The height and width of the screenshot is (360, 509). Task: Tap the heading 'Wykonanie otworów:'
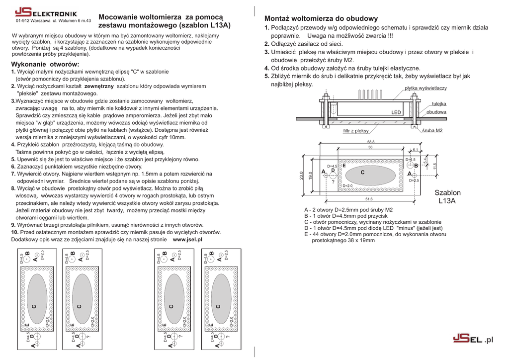[x=45, y=65]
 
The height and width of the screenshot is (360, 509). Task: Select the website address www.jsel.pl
[x=187, y=239]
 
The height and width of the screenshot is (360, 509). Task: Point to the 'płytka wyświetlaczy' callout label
[x=425, y=88]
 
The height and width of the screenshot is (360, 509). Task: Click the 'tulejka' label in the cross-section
[x=439, y=103]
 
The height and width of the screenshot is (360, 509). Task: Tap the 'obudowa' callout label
[x=436, y=112]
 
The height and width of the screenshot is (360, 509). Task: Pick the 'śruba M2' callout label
[x=432, y=131]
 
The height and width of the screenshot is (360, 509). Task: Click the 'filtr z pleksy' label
[x=356, y=131]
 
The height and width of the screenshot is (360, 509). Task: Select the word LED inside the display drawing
[x=396, y=113]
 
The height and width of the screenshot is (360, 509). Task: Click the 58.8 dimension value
[x=370, y=142]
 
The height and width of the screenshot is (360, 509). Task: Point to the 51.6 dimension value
[x=369, y=199]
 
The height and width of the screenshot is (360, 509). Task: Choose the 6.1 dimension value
[x=415, y=149]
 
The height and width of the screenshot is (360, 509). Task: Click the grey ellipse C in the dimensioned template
[x=370, y=174]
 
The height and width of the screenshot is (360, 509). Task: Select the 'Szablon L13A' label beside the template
[x=447, y=197]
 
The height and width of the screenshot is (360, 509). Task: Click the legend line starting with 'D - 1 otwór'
[x=373, y=228]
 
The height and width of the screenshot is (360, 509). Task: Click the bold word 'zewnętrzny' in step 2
[x=99, y=86]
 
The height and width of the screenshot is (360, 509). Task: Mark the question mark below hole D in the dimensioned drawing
[x=333, y=181]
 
